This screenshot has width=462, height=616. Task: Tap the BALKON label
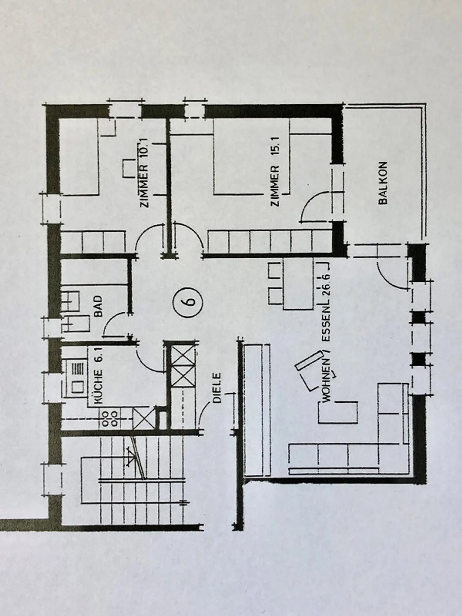383,183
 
